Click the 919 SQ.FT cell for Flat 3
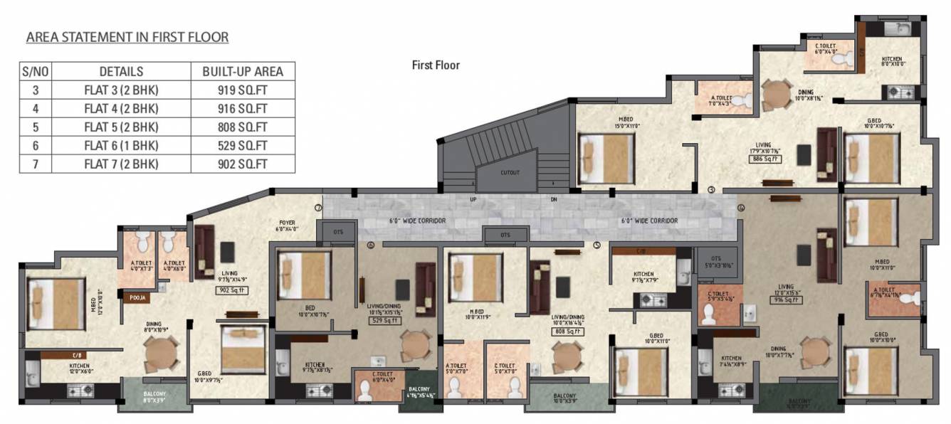tap(243, 90)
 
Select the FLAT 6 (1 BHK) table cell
tap(121, 145)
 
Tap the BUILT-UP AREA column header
tap(243, 71)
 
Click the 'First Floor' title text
tap(436, 65)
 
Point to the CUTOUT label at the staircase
tap(510, 173)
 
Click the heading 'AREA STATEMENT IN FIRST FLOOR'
tap(127, 37)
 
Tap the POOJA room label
tap(137, 299)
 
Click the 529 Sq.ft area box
tap(384, 321)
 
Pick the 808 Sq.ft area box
tap(568, 332)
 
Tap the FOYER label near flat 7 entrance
tap(286, 225)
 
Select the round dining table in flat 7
tap(161, 352)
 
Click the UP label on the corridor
tap(473, 199)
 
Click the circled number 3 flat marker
tap(711, 189)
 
